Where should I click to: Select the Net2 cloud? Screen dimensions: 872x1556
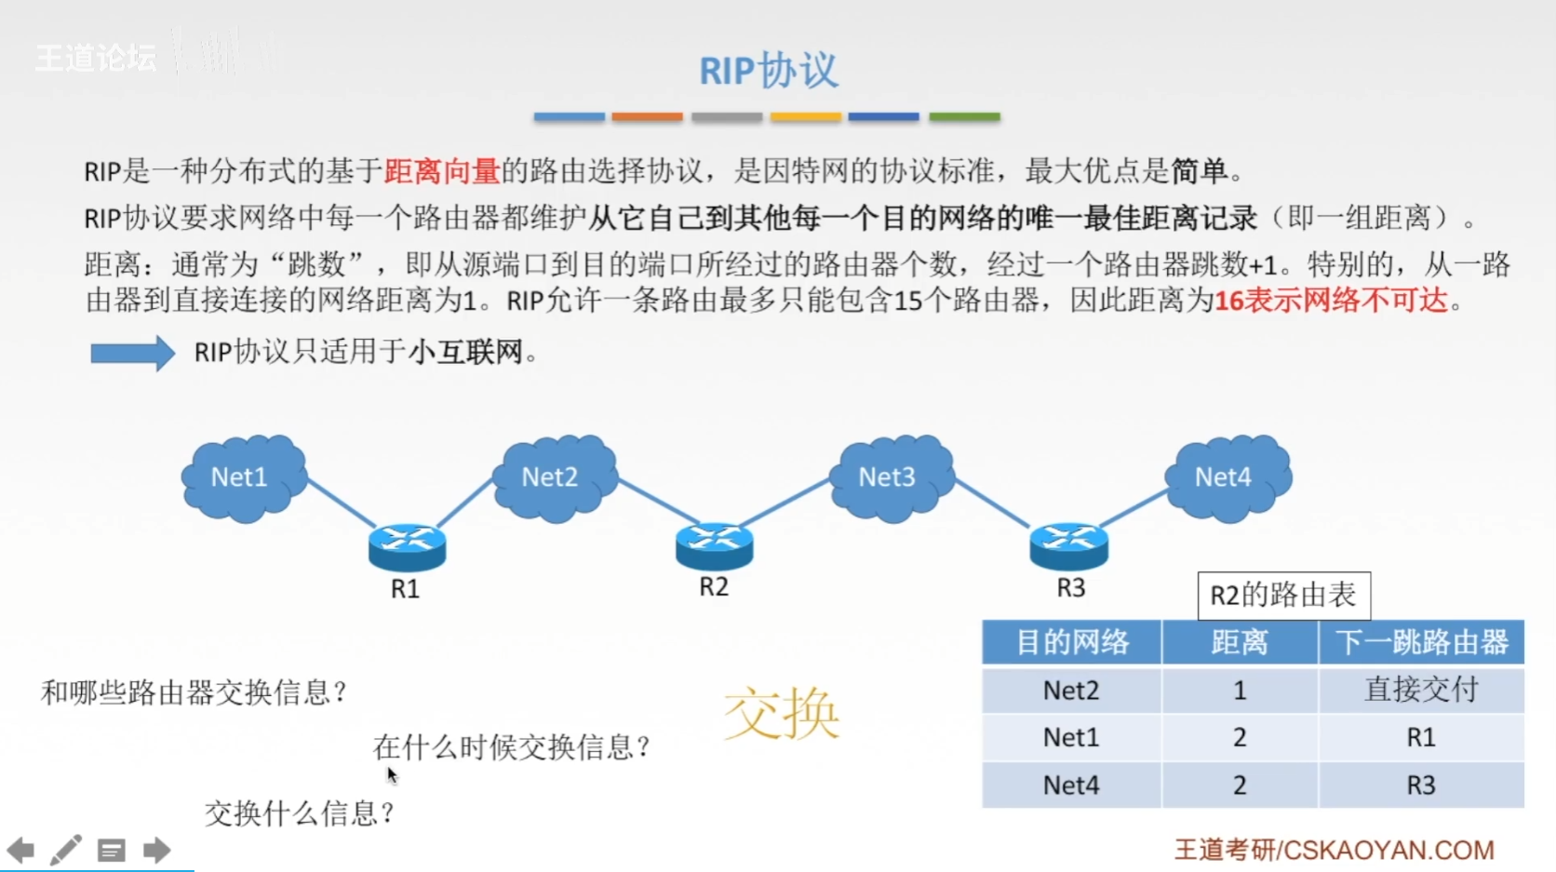(555, 476)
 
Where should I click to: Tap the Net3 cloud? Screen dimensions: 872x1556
(892, 476)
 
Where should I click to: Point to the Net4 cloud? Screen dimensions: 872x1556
(1227, 476)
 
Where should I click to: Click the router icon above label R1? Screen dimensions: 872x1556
(407, 546)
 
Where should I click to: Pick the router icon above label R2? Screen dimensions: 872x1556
(714, 545)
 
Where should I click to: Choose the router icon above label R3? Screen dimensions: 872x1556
(1068, 545)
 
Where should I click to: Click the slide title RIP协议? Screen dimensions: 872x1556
(769, 71)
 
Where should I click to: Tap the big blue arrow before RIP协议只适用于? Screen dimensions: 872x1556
(132, 354)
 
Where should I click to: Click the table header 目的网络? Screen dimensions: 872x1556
(1071, 642)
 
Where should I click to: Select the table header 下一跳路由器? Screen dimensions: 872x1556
(1421, 642)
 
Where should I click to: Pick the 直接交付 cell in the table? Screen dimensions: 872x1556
(1421, 690)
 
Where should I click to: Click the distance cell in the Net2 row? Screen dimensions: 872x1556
(1240, 690)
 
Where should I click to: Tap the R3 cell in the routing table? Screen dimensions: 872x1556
(1421, 785)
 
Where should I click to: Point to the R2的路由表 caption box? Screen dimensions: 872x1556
(1283, 596)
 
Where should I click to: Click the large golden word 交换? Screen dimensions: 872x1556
(782, 714)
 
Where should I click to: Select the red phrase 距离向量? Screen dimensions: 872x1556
(442, 171)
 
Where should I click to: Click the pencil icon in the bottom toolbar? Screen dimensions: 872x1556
(65, 850)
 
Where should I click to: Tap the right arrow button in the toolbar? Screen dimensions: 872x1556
(156, 850)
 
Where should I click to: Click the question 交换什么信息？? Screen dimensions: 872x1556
(300, 813)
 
